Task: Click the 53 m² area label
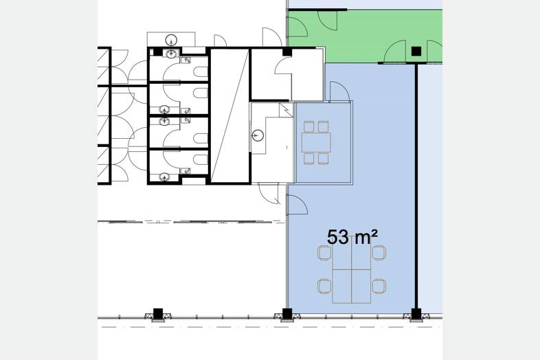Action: click(x=352, y=237)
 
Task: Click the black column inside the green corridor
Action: click(x=416, y=52)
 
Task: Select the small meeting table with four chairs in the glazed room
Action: click(x=316, y=143)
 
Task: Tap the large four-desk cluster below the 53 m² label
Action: click(x=351, y=274)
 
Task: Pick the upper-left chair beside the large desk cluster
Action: click(x=324, y=254)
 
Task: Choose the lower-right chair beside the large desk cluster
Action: click(x=379, y=286)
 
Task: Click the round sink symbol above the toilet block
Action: click(x=171, y=40)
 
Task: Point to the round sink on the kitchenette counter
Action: click(x=258, y=135)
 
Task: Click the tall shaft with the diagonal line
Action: click(x=229, y=115)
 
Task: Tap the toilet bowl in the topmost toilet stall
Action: click(x=201, y=71)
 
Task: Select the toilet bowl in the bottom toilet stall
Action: click(x=201, y=159)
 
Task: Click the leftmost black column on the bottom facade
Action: click(x=158, y=314)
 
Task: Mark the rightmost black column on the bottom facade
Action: click(x=416, y=314)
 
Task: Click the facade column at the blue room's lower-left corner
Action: click(x=287, y=314)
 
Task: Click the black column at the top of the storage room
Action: click(x=287, y=52)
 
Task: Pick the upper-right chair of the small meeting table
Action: click(x=323, y=127)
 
